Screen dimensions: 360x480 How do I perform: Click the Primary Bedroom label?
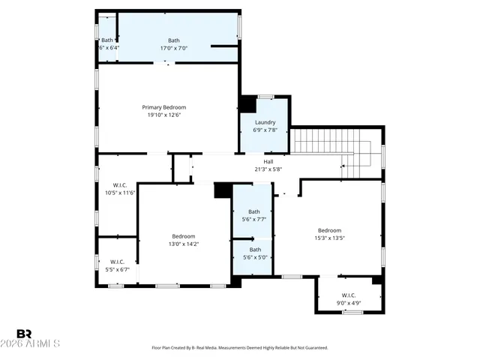[164, 107]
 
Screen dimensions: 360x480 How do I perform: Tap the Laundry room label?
[265, 122]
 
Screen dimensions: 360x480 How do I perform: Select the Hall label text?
[268, 161]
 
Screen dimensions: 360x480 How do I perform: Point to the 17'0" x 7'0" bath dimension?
[173, 48]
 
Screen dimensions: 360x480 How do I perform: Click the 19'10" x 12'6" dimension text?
[164, 115]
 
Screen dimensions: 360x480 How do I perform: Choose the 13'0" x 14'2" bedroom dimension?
[184, 244]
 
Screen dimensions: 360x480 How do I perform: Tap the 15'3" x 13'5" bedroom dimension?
[329, 238]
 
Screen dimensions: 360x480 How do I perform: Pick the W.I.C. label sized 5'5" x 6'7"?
[118, 262]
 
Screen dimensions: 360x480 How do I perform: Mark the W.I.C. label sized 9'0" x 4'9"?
[348, 295]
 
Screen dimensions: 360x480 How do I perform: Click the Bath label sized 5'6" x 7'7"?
[254, 211]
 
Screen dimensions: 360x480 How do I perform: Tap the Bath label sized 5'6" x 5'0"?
[255, 250]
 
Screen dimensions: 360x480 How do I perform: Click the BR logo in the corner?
[25, 333]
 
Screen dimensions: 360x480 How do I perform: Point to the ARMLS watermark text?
[37, 344]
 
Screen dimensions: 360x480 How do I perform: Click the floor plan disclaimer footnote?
[240, 348]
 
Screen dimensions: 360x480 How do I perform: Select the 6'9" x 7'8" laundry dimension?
[265, 130]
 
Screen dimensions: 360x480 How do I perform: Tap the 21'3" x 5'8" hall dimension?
[268, 169]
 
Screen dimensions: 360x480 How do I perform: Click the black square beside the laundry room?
[247, 104]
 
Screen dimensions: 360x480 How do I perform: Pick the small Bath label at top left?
[107, 40]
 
